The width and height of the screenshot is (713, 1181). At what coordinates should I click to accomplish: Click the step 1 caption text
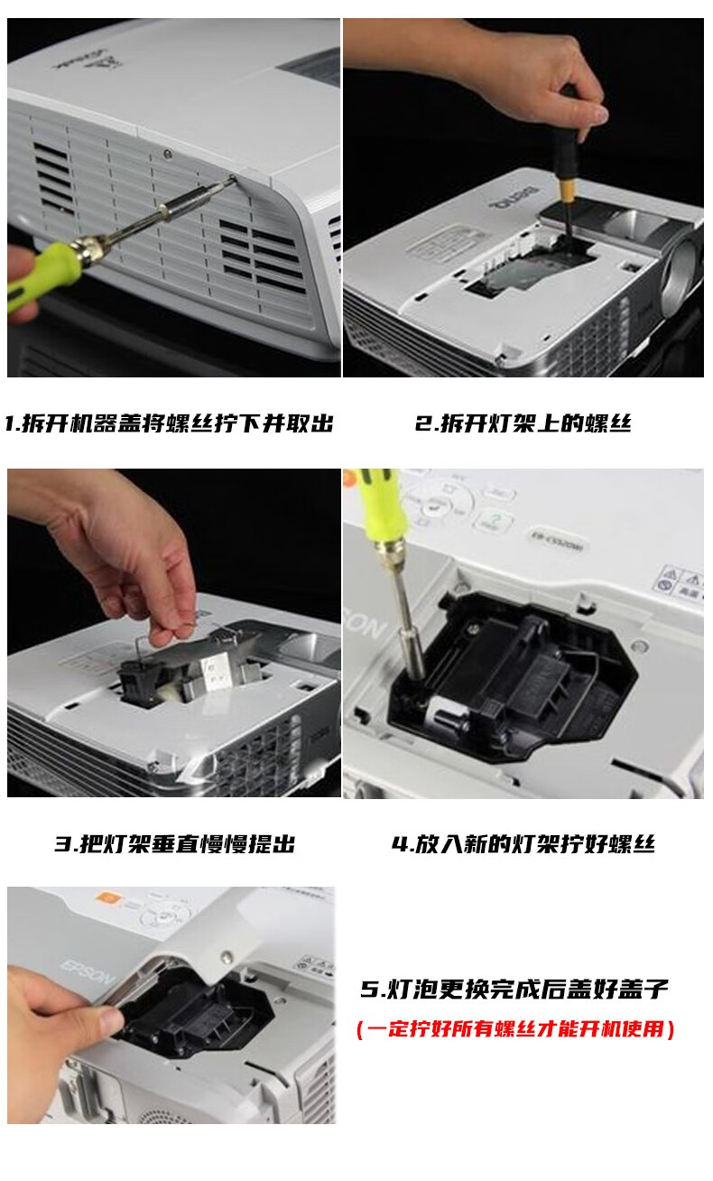169,423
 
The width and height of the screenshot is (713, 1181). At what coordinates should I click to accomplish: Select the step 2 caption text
523,423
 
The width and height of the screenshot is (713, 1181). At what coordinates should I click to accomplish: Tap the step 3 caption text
175,843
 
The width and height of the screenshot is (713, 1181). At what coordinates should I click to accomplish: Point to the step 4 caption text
523,843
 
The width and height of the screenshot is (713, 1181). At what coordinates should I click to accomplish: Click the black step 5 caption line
514,989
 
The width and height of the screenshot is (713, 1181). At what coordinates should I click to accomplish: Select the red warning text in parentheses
515,1028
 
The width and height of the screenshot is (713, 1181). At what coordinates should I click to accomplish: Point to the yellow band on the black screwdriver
567,190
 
